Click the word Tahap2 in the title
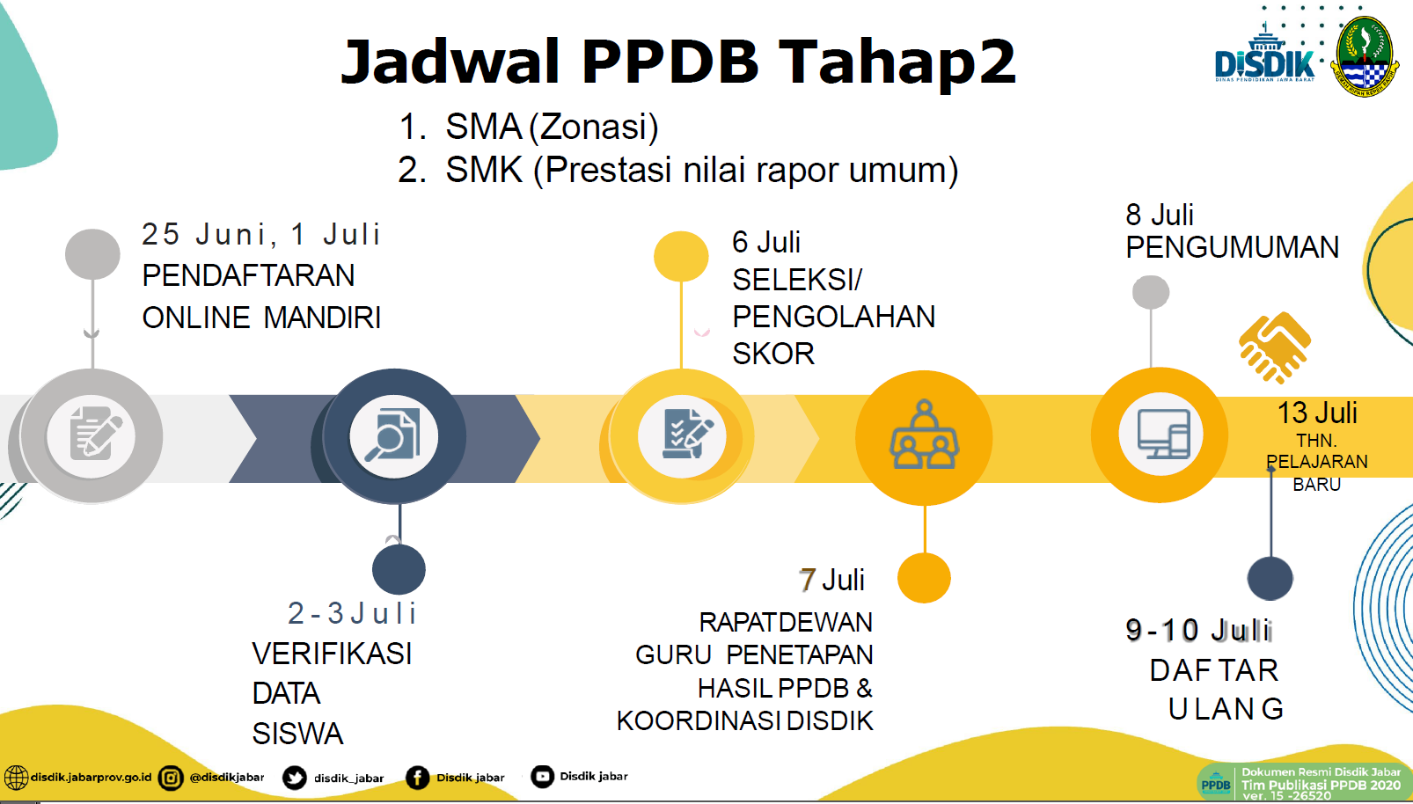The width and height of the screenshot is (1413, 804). tap(897, 62)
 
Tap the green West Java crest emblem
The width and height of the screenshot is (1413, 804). tap(1365, 57)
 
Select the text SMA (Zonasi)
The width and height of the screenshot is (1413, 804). tap(552, 127)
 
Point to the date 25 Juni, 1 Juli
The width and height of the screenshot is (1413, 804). tap(260, 234)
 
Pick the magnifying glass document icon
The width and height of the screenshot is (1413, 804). tap(393, 435)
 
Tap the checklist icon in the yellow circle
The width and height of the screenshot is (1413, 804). tap(686, 435)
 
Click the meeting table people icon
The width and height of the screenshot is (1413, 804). tap(924, 435)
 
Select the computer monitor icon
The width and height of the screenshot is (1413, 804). tap(1163, 435)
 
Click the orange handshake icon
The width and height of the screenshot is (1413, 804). tap(1275, 347)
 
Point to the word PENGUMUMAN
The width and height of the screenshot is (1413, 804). tap(1232, 247)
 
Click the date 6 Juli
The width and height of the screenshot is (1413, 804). tap(765, 242)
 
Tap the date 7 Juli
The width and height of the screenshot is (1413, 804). tap(831, 581)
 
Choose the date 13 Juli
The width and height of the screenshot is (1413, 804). tap(1317, 413)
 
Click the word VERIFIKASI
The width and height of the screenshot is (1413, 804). tap(332, 654)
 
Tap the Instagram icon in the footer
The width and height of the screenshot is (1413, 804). tap(171, 778)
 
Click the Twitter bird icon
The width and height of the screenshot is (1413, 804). tap(294, 778)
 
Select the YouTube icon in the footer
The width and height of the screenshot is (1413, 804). tap(542, 777)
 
